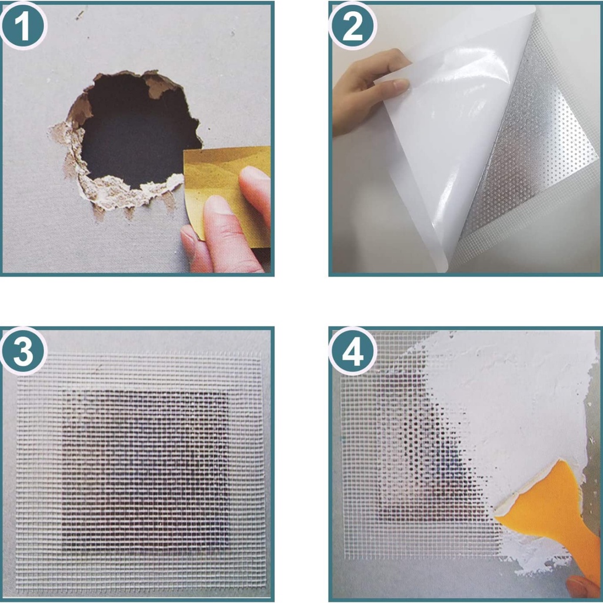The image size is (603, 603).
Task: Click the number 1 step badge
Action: (x=24, y=26)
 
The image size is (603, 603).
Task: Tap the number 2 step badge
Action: (x=352, y=26)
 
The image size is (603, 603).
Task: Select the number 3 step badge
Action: (x=24, y=351)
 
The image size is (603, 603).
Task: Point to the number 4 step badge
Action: (x=352, y=351)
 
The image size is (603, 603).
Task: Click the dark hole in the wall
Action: (x=135, y=131)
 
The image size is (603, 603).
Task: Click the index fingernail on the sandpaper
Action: (x=218, y=204)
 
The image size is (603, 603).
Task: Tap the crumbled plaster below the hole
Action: (x=123, y=193)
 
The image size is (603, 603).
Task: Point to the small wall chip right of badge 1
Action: (x=80, y=15)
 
